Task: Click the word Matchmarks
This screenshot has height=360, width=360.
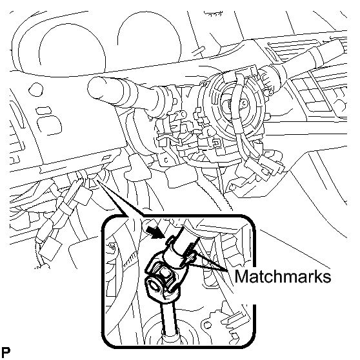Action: (x=283, y=276)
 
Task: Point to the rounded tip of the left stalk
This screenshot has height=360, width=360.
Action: (x=95, y=88)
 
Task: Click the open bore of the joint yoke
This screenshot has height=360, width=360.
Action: (x=153, y=286)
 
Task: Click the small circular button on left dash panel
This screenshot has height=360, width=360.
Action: (x=36, y=89)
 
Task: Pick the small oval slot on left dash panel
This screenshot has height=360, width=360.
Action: (x=44, y=111)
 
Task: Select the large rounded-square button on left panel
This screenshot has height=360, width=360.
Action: (x=49, y=126)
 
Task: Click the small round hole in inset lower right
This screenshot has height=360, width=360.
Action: (x=207, y=325)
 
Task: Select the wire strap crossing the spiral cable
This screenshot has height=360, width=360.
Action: (x=237, y=110)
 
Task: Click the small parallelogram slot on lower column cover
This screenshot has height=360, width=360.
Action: (x=106, y=158)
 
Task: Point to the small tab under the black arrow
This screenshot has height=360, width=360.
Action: (x=169, y=241)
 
